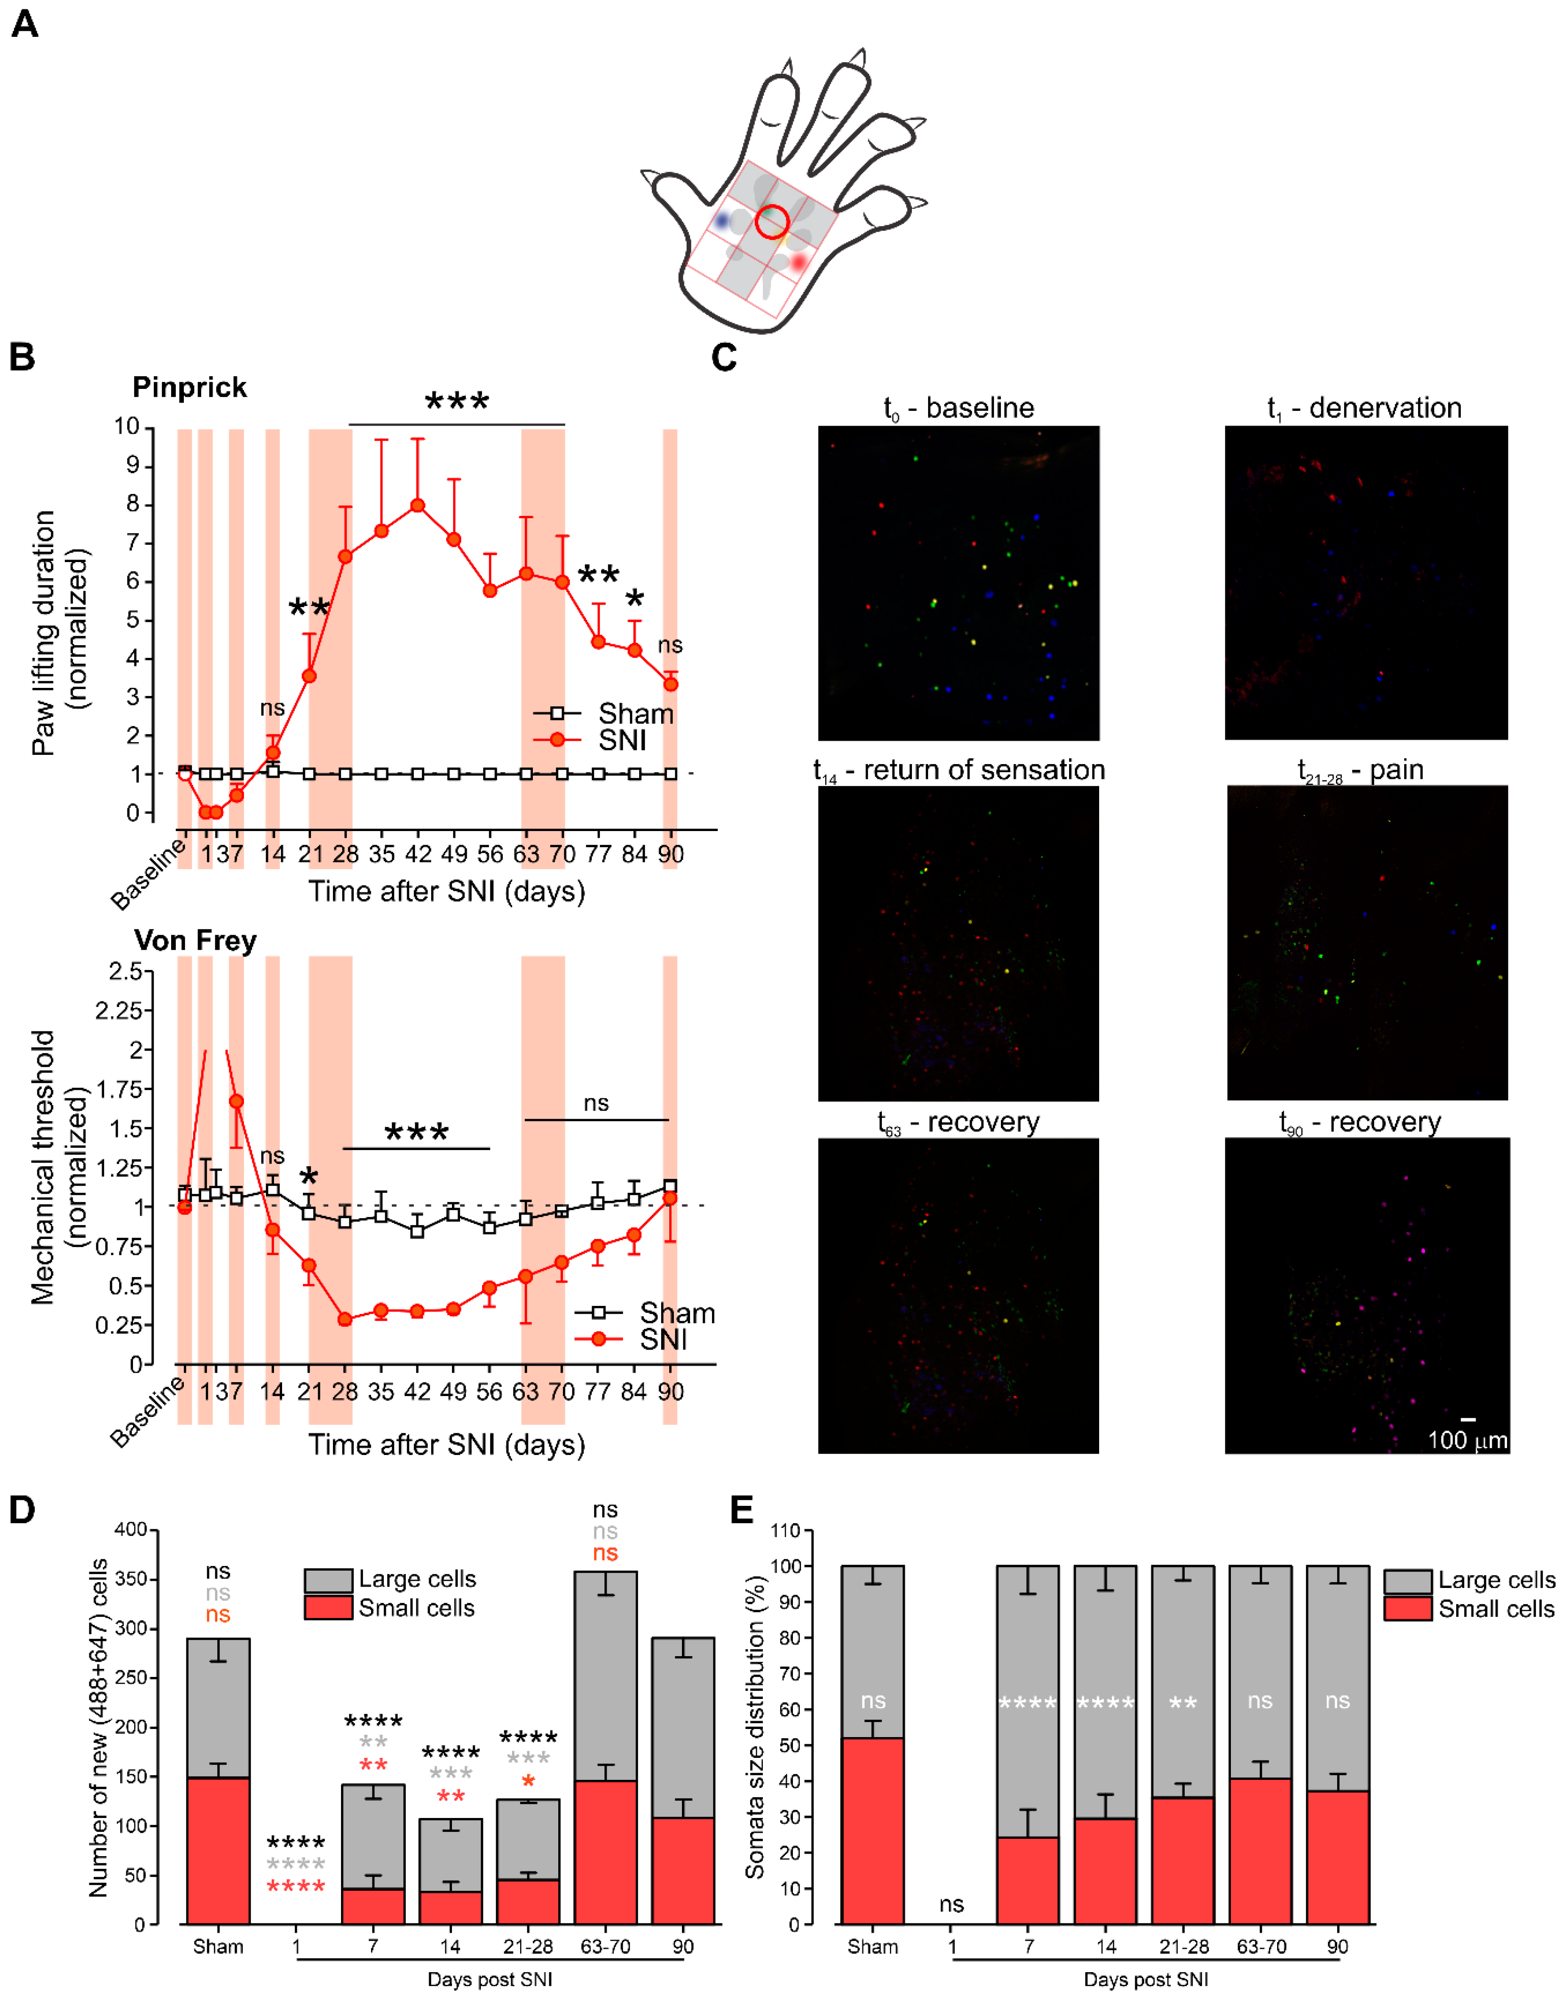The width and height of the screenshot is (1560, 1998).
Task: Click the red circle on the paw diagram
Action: (x=772, y=222)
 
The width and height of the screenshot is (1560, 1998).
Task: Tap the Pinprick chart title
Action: (x=189, y=387)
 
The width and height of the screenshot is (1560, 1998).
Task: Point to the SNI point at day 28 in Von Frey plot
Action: (x=345, y=1319)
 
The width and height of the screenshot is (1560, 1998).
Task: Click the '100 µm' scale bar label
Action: (x=1467, y=1440)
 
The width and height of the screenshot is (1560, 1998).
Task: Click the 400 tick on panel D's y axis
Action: (x=130, y=1530)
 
